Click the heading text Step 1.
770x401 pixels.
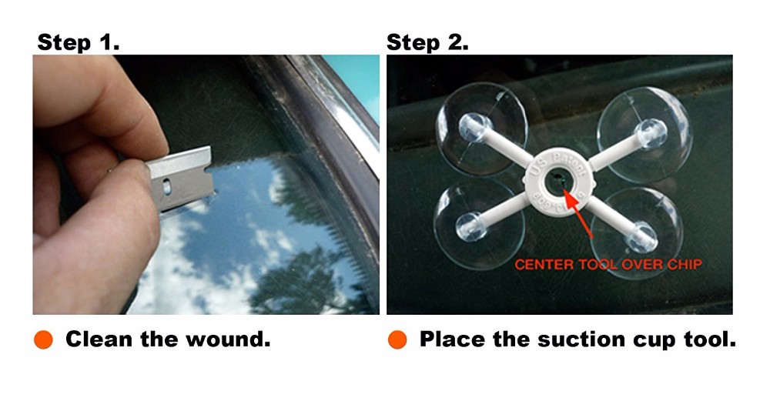[x=78, y=42]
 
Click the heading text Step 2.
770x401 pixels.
[x=427, y=42]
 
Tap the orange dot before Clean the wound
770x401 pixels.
[x=44, y=339]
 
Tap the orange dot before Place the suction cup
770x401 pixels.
[x=397, y=339]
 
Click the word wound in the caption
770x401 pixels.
[x=231, y=339]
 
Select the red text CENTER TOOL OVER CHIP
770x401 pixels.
[x=608, y=265]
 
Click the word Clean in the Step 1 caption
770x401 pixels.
[x=99, y=339]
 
